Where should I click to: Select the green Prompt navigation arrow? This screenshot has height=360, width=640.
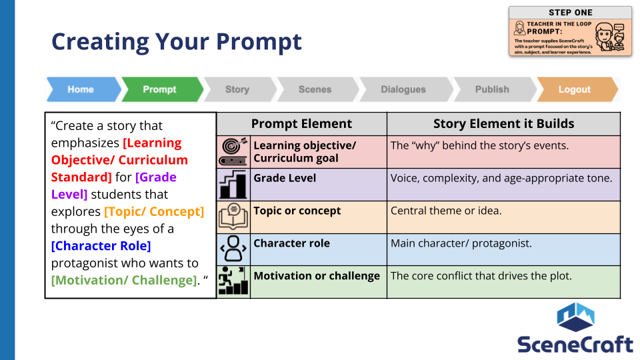coord(162,89)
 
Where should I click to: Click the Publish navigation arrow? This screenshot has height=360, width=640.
coord(495,89)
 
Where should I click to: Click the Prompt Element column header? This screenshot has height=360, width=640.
coord(301,124)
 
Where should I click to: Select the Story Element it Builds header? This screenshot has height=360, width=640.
coord(504,124)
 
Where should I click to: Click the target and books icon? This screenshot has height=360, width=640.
coord(233,152)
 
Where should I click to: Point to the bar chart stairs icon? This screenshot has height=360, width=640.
coord(233,185)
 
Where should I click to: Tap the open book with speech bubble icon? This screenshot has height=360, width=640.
coord(233,217)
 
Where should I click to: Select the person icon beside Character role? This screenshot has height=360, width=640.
coord(233,249)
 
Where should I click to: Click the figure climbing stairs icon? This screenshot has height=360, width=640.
coord(233,281)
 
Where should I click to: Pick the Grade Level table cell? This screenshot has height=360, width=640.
coord(319,185)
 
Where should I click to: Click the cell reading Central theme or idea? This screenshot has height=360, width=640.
coord(504,217)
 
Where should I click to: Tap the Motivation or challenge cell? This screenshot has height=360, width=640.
coord(319,282)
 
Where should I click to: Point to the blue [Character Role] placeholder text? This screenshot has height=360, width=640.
coord(101,246)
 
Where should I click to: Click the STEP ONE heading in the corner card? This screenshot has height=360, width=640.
coord(570,13)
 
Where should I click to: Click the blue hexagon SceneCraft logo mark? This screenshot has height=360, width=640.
coord(575,317)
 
